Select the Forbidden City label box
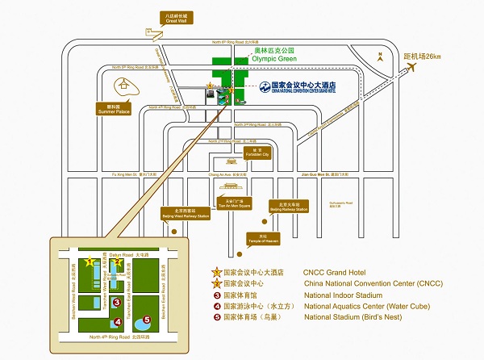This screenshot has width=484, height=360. (257, 153)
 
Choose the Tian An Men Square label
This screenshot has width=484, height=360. (228, 202)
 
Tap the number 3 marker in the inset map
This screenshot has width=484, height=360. (117, 303)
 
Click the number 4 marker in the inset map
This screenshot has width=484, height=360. (118, 322)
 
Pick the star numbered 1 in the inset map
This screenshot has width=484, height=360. (90, 261)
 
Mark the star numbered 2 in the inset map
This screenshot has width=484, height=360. (115, 261)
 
